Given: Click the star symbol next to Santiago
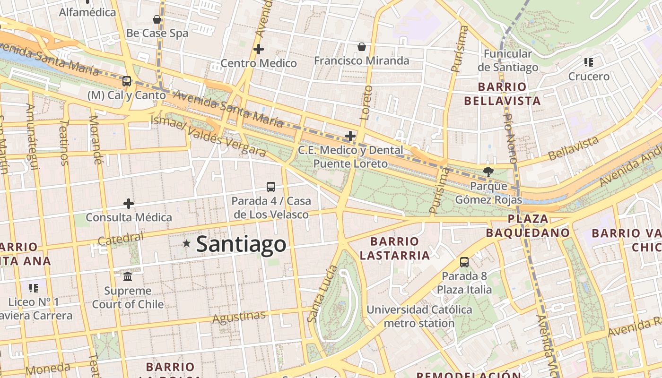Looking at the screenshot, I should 187,244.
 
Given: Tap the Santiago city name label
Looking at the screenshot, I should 241,244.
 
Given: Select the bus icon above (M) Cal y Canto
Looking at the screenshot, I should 127,81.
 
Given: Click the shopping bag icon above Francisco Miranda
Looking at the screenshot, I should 362,46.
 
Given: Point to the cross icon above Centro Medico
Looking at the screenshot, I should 259,49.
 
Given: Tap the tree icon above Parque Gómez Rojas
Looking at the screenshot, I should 488,172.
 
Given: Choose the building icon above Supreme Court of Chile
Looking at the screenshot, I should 128,276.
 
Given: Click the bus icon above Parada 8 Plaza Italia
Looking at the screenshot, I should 464,262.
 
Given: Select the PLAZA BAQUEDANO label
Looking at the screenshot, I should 528,226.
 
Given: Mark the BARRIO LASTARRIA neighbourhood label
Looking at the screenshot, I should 395,249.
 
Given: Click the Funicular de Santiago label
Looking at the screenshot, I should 508,60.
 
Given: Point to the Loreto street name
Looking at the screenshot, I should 366,102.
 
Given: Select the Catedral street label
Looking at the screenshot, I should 120,240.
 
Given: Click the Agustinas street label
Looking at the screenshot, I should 239,317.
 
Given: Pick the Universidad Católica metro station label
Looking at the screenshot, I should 419,317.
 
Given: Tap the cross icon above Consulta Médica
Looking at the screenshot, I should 129,204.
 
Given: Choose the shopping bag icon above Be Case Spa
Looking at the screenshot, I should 157,19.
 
